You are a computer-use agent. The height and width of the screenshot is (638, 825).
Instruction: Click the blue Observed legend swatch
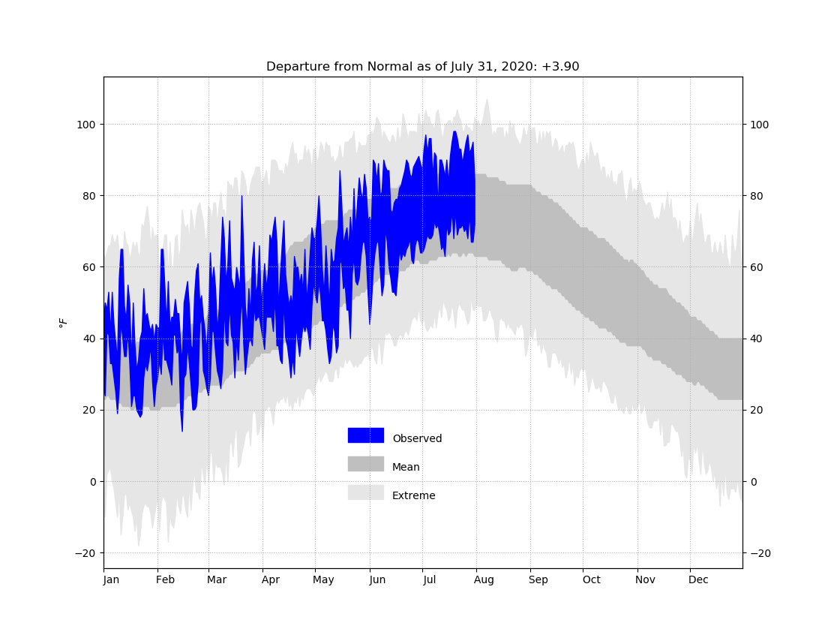(366, 435)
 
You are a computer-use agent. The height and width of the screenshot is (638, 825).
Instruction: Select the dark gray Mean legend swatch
(366, 464)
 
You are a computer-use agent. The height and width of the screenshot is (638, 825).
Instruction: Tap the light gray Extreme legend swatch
(366, 492)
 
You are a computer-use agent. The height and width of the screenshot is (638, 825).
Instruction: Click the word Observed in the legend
(417, 438)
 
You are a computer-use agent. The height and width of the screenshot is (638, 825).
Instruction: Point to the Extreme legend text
(413, 495)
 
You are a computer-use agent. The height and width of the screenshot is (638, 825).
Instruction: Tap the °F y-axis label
(63, 322)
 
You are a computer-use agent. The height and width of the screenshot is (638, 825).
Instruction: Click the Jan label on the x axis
(111, 579)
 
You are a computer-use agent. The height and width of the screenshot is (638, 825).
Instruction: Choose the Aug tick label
(484, 580)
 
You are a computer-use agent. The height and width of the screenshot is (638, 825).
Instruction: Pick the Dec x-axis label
(698, 579)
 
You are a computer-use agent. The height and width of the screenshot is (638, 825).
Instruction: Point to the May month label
(323, 580)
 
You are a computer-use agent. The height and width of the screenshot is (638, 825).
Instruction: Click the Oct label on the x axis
(591, 579)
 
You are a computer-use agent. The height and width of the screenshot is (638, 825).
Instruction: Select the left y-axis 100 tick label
(86, 125)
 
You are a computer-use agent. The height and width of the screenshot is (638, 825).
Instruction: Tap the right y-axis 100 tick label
(759, 125)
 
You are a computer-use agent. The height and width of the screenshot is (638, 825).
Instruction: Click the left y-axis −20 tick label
(85, 553)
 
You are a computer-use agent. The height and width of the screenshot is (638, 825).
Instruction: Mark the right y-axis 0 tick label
(753, 482)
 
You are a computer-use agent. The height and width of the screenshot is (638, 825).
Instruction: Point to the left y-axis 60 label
(89, 267)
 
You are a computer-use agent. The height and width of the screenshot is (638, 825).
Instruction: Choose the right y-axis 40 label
(756, 339)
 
